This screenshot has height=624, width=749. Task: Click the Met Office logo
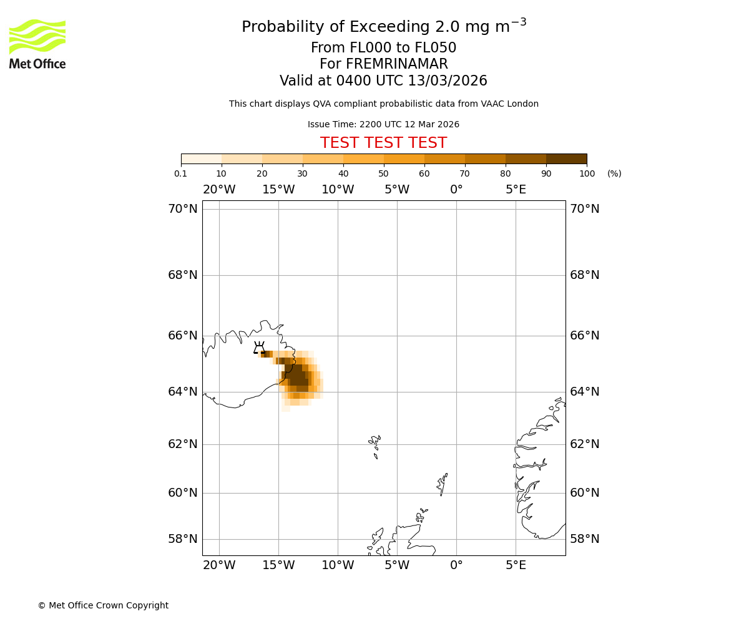click(x=37, y=44)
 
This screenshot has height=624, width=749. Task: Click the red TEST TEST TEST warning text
click(x=383, y=143)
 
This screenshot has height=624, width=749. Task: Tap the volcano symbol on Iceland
click(x=259, y=348)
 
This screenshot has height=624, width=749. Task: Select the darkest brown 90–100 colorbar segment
click(x=566, y=158)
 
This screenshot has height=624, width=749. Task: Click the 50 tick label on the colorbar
click(x=383, y=173)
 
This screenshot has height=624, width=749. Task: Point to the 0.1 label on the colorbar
click(x=180, y=173)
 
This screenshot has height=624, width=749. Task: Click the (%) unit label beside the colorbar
click(x=614, y=173)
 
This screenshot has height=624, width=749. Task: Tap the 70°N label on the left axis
click(x=182, y=209)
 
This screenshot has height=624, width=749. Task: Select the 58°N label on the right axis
click(x=584, y=539)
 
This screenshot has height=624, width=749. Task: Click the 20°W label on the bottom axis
click(x=219, y=565)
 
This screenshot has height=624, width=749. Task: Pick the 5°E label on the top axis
click(x=516, y=190)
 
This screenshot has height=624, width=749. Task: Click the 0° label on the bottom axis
click(x=456, y=565)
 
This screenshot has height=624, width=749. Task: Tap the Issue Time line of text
click(x=383, y=125)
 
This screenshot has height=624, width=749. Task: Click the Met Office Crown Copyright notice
click(x=103, y=605)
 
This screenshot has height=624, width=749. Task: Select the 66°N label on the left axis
click(x=182, y=336)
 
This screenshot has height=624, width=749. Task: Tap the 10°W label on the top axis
click(x=338, y=190)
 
